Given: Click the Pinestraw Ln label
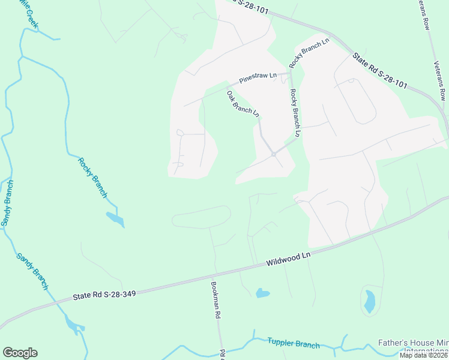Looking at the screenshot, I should [x=258, y=77].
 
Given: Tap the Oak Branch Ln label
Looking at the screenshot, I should [x=243, y=103].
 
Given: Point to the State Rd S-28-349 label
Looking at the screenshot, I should [x=104, y=295].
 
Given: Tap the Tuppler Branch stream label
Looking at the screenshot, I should [x=294, y=344].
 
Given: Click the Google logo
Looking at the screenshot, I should [x=20, y=353].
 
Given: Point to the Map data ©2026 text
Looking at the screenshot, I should [x=424, y=355].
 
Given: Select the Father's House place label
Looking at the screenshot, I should [x=413, y=344].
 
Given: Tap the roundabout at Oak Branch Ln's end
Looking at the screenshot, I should [x=273, y=154].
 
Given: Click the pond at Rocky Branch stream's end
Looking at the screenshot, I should [x=115, y=219].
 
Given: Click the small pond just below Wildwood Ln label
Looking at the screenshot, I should [x=262, y=293].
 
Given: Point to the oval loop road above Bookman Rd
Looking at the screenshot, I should [x=201, y=217].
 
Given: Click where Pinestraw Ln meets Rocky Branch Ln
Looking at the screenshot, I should [x=291, y=73].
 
